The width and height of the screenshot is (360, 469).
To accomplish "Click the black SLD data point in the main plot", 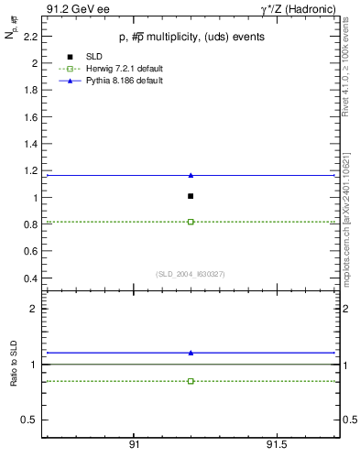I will coord(191,196).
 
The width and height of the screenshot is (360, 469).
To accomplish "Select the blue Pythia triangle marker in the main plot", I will coord(191,175).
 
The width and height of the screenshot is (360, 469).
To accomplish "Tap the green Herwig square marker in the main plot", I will coord(191,222).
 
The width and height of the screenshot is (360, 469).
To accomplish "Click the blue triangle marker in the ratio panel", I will coord(191,353).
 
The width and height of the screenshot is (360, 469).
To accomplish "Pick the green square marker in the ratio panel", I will coord(191,381).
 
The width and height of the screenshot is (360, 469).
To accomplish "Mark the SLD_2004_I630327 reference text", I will coord(190,274).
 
